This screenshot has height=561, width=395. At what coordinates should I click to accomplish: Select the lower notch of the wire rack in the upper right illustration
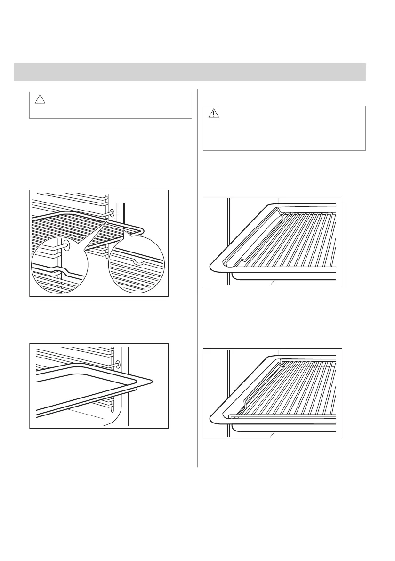pos(243,260)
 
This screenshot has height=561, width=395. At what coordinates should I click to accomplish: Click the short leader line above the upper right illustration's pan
pos(279,200)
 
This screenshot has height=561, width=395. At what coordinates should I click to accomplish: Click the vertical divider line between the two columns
pos(197,278)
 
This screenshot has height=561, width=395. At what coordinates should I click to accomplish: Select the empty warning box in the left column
pos(111,105)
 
